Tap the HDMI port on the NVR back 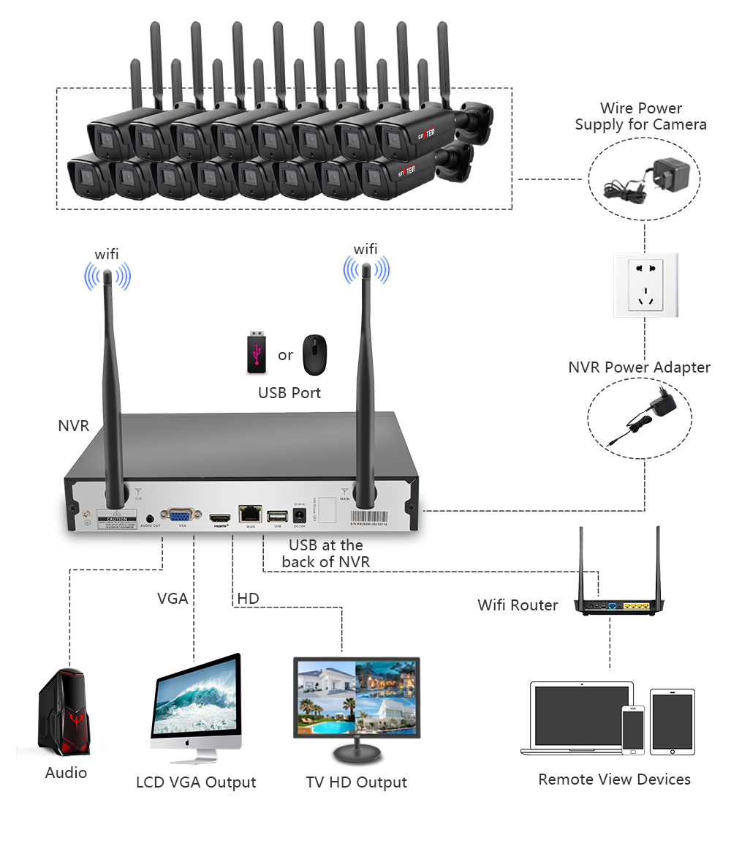tap(220, 518)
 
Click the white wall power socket tap(645, 285)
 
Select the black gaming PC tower tap(64, 714)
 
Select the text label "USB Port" tap(289, 393)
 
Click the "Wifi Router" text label tap(518, 605)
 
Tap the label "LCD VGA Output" tap(196, 782)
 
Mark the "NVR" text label tap(74, 425)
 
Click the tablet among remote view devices tap(673, 722)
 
